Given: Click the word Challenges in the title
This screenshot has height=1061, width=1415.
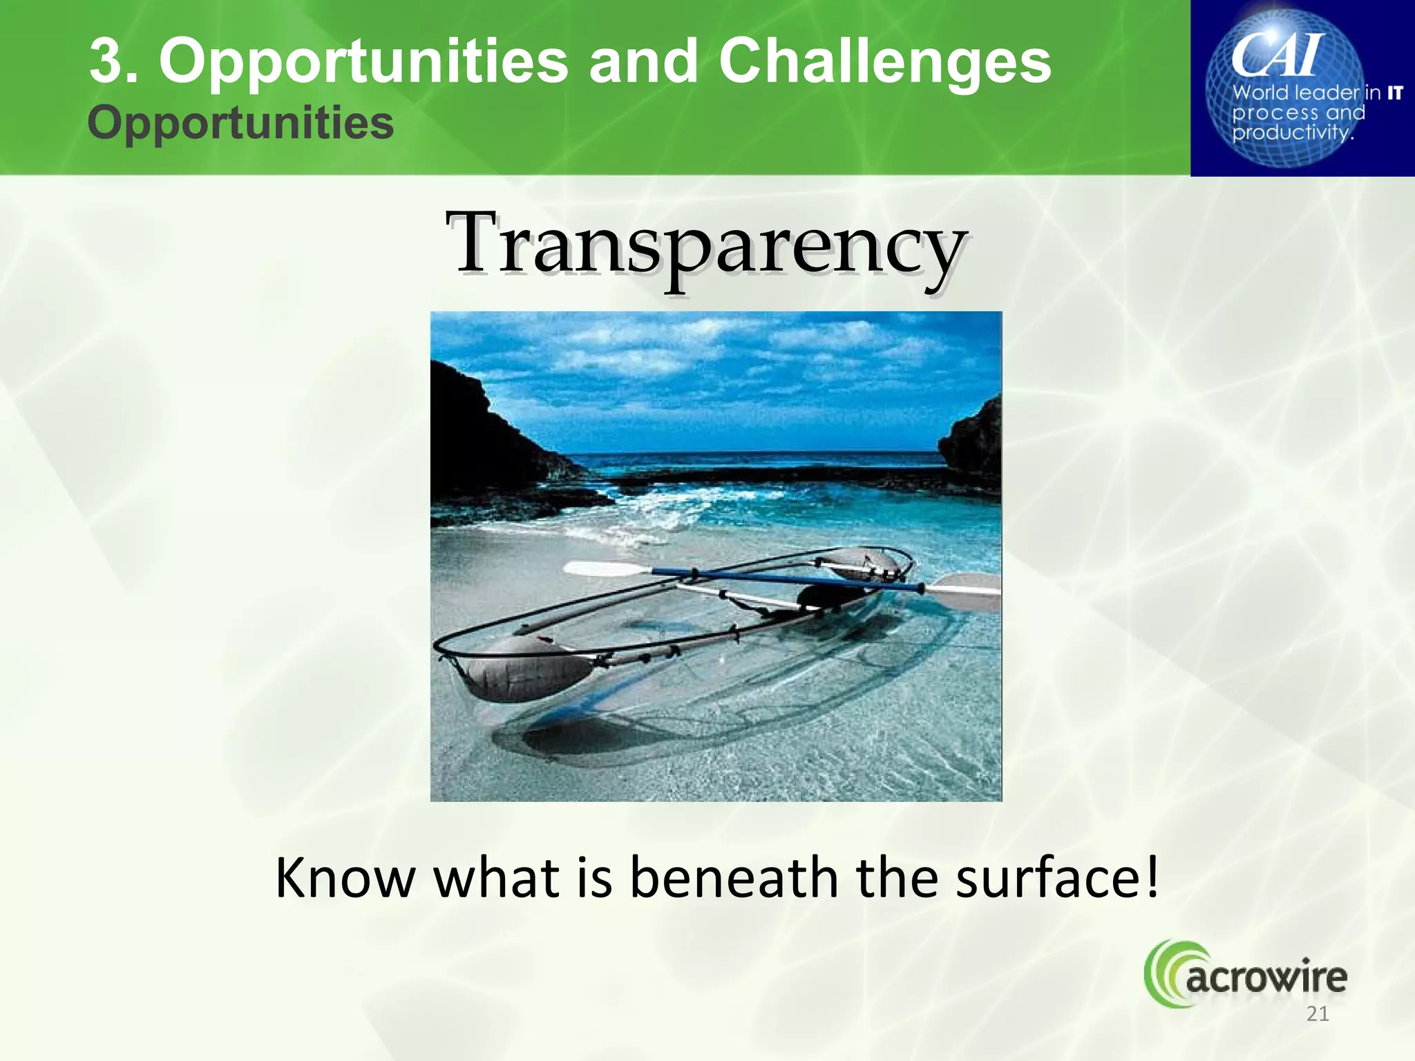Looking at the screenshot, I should tap(884, 62).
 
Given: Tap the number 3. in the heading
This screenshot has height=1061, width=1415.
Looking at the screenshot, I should tap(113, 62).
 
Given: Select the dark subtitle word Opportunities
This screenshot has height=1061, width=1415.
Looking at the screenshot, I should tap(240, 123).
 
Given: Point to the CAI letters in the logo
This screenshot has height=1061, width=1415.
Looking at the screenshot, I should tap(1277, 55).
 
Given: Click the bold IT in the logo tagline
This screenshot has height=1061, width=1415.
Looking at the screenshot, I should tap(1394, 93).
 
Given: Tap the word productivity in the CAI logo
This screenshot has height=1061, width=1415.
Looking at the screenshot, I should tap(1291, 131).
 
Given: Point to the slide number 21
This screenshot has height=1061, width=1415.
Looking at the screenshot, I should tap(1318, 1014).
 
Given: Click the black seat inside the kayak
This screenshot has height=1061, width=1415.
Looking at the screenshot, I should tap(822, 595).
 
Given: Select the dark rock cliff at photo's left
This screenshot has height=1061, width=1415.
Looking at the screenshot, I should tap(484, 442).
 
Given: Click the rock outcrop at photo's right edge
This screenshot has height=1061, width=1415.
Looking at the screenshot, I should tap(974, 439).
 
